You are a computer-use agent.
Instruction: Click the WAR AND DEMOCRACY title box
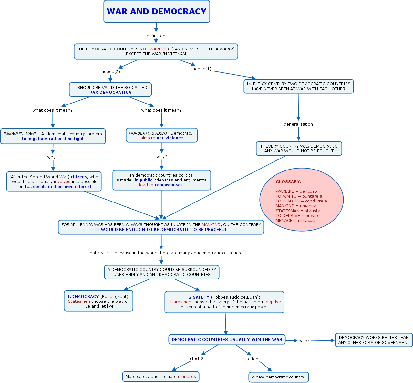pos(157,12)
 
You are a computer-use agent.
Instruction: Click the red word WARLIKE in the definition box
pos(159,49)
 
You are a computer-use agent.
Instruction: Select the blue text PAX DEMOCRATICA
pos(110,93)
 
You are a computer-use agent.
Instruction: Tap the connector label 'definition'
pos(156,36)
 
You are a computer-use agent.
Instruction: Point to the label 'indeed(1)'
pos(201,69)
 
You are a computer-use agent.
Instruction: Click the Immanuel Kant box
pos(53,136)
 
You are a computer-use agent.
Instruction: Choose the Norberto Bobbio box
pos(161,136)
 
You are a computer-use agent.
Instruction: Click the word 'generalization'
pos(298,124)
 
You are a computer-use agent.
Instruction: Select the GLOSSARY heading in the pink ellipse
pos(288,182)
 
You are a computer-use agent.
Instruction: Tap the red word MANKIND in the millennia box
pos(211,225)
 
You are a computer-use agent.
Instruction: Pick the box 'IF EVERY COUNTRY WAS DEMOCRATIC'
pos(299,148)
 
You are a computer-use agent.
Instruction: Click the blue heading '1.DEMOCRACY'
pos(83,297)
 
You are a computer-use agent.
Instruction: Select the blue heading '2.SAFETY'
pos(199,297)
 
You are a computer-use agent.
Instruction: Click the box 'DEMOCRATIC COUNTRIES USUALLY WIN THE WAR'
pos(227,340)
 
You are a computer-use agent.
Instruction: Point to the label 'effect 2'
pos(196,359)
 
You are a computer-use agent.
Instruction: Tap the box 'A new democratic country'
pos(278,377)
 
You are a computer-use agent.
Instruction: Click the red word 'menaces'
pos(187,377)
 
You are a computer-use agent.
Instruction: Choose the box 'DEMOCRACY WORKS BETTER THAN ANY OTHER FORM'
pos(374,340)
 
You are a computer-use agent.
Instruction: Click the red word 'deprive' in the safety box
pos(273,302)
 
